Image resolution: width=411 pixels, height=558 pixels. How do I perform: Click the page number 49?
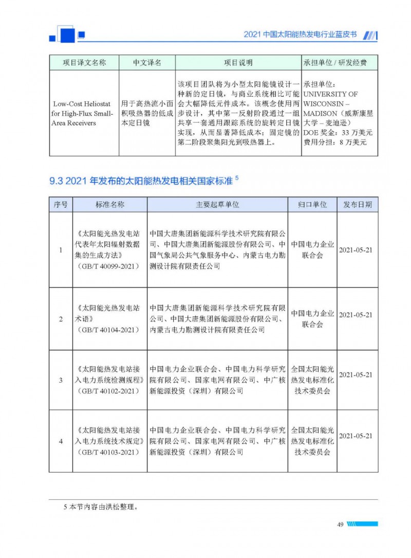[x=340, y=524]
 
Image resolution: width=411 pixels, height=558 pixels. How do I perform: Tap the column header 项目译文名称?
[x=84, y=63]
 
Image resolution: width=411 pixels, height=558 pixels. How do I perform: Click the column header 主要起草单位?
[x=217, y=204]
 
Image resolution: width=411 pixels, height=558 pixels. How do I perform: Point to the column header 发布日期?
[x=358, y=204]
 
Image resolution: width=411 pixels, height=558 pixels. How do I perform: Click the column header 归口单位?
[x=312, y=204]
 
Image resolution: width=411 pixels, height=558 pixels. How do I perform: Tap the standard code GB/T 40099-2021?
[x=110, y=266]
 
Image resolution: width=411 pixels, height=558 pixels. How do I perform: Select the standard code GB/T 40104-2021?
[x=110, y=329]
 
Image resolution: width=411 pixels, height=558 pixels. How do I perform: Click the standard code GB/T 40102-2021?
[x=110, y=391]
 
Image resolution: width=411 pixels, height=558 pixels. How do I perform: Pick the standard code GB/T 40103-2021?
[x=110, y=452]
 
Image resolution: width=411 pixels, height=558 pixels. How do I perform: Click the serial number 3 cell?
[x=61, y=380]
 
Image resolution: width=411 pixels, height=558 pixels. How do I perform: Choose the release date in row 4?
[x=356, y=436]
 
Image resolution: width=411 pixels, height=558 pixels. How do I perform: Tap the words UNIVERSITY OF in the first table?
[x=331, y=95]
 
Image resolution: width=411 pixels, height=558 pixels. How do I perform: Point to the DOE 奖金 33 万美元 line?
[x=338, y=133]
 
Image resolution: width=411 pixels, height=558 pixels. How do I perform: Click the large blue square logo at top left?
[x=67, y=34]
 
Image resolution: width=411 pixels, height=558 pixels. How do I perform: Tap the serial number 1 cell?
[x=61, y=250]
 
